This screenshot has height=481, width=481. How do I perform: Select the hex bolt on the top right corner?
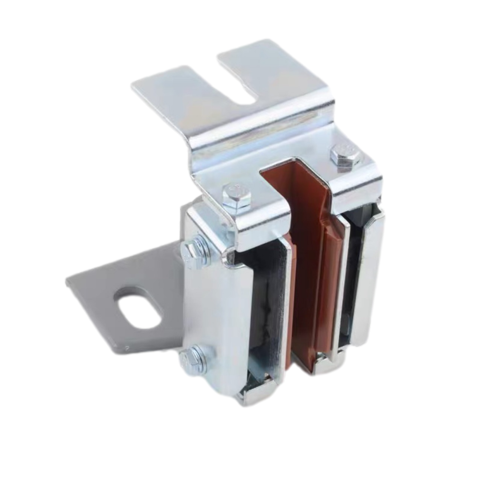point(346,155)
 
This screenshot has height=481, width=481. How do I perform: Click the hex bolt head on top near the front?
point(237,195)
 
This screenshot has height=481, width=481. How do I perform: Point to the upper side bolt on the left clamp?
point(194,251)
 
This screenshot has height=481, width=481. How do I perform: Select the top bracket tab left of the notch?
point(183,91)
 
